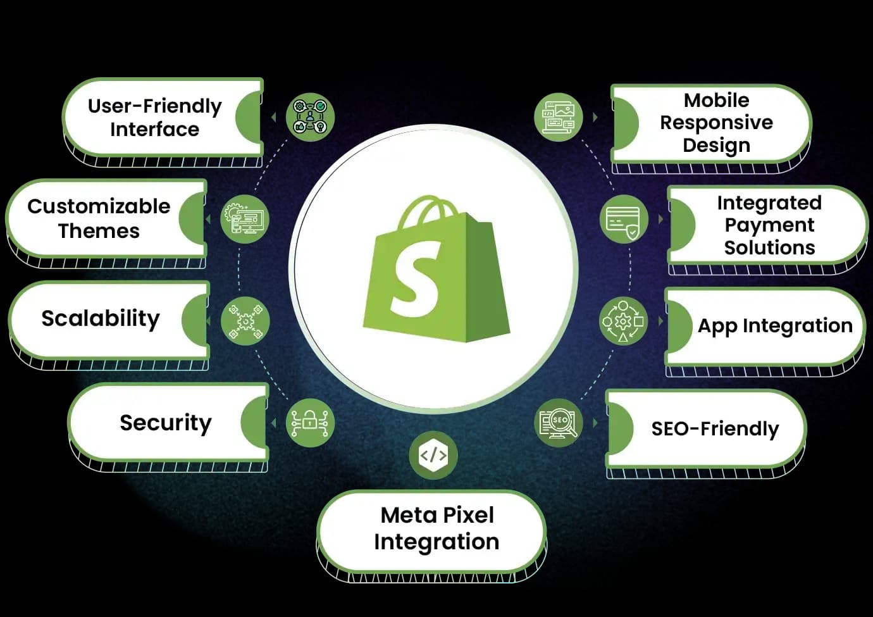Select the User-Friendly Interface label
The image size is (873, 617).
tap(154, 117)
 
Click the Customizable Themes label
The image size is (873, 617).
tap(99, 218)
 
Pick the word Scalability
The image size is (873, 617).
tap(101, 318)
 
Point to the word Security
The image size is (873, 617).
tap(166, 422)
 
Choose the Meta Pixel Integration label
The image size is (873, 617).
tap(436, 528)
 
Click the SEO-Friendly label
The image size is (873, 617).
tap(715, 428)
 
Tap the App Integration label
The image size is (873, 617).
tap(775, 325)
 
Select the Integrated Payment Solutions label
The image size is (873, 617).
tap(769, 225)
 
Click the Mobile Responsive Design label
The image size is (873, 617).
tap(716, 122)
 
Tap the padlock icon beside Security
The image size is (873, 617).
tap(310, 422)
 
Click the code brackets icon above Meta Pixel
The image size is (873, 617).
tap(433, 455)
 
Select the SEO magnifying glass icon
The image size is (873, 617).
tap(559, 422)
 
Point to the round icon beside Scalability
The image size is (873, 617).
tap(245, 321)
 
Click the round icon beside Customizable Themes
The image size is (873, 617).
tap(245, 219)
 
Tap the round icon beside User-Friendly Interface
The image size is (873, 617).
tap(310, 117)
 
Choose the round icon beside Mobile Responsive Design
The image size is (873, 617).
tap(559, 117)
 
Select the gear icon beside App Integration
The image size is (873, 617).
tap(623, 321)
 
